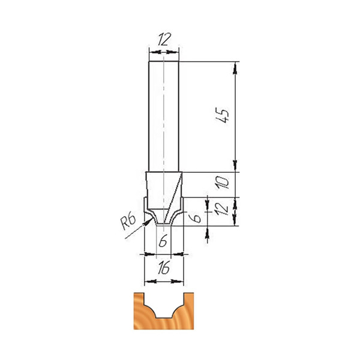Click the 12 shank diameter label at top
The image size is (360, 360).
tap(164, 39)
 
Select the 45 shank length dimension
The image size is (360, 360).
tap(223, 115)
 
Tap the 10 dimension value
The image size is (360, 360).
tap(223, 182)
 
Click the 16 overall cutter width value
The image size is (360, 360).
tap(164, 268)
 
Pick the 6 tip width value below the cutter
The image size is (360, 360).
tap(163, 242)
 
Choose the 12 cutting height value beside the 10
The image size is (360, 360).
tap(222, 208)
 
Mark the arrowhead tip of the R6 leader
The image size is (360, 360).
tap(152, 218)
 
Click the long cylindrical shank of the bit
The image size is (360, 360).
tap(164, 116)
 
